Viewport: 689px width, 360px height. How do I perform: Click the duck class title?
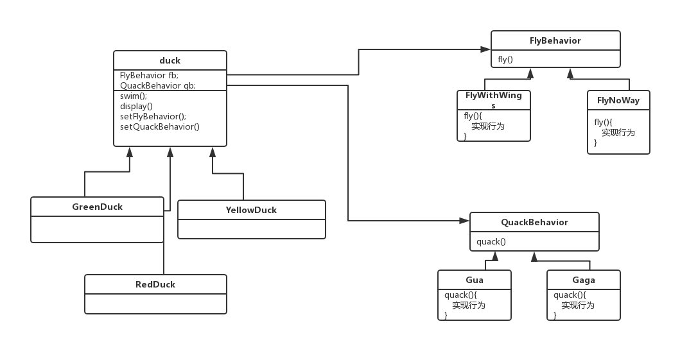coord(170,61)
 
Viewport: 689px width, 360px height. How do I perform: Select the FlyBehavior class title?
coord(555,40)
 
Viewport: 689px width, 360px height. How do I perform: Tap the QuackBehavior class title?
coord(534,223)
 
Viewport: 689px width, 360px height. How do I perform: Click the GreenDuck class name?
coord(97,207)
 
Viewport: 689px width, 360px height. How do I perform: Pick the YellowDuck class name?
coord(251,210)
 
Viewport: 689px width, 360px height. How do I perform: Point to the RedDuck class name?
coord(155,284)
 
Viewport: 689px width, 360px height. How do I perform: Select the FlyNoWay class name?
coord(618,100)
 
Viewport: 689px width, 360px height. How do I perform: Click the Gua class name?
coord(475,280)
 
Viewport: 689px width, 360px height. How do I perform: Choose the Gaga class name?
coord(584,280)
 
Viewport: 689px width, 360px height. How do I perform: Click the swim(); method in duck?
coord(134,96)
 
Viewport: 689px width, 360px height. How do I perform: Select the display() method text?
coord(136,107)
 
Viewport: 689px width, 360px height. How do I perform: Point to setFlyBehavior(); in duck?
coord(153,117)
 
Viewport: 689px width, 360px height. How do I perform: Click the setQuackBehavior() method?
coord(160,127)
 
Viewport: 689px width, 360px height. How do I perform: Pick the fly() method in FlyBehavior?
coord(505,60)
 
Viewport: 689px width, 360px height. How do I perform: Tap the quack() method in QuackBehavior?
coord(491,242)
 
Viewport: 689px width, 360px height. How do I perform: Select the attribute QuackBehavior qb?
coord(158,85)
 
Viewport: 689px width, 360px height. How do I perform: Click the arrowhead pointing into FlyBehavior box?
coord(487,49)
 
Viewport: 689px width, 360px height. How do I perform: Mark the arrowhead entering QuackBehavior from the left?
coord(466,221)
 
